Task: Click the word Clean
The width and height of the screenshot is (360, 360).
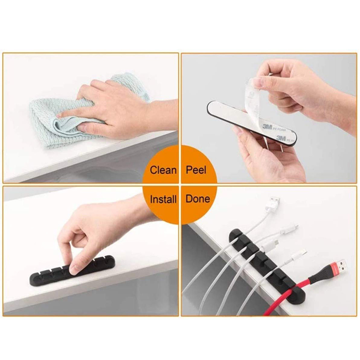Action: (x=163, y=170)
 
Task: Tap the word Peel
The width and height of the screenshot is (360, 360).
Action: (x=196, y=170)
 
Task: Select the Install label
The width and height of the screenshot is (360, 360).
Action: (x=163, y=198)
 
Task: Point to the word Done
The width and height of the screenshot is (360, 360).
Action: (x=198, y=198)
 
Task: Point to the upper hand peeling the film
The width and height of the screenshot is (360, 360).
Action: (x=297, y=85)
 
